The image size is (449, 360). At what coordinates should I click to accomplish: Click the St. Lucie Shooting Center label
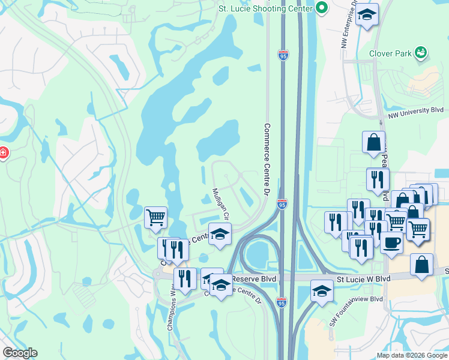265,8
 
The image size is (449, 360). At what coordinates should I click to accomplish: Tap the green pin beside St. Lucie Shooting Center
322,8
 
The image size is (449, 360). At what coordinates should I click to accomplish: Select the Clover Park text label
391,53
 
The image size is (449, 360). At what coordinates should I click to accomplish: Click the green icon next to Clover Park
421,53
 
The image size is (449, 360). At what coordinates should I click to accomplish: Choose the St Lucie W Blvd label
363,279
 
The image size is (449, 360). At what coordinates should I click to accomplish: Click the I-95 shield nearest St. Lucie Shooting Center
283,55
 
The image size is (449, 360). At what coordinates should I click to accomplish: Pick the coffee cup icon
391,243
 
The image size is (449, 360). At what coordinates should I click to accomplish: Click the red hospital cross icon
4,153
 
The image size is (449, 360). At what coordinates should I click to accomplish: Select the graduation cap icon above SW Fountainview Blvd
322,290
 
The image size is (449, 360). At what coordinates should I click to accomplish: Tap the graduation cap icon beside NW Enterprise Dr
367,14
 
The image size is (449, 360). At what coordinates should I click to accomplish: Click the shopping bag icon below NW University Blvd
373,142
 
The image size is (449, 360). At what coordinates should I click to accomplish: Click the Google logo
20,353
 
